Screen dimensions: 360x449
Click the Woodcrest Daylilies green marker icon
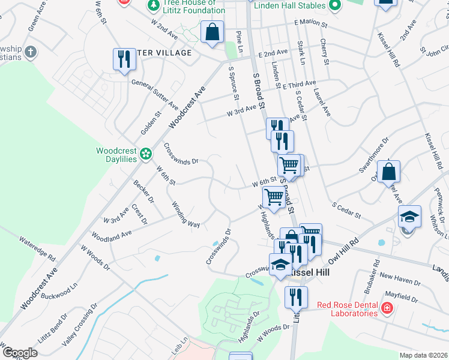pyautogui.click(x=145, y=155)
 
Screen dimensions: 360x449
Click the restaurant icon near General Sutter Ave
pyautogui.click(x=124, y=59)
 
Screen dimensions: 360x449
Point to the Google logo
pyautogui.click(x=20, y=353)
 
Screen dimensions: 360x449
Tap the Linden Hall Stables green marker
pyautogui.click(x=335, y=5)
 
